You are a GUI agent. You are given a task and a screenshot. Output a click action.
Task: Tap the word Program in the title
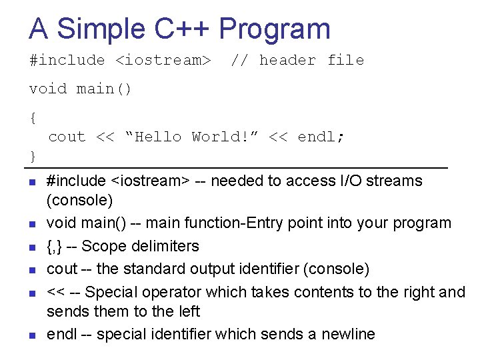click(x=275, y=29)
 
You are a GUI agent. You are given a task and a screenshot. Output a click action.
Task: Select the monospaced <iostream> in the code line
click(x=163, y=60)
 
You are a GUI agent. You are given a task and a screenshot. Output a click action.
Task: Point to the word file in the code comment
click(x=345, y=60)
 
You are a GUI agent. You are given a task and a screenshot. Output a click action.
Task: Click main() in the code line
click(x=105, y=89)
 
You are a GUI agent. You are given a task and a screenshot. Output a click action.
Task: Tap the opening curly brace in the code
click(x=33, y=118)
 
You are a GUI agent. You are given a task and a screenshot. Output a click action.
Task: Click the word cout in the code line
click(x=67, y=137)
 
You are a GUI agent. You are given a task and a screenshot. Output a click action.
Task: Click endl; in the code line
click(x=321, y=137)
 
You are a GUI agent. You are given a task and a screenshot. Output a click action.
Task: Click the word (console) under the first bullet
click(x=79, y=200)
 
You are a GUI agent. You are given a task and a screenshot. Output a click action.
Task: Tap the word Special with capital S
click(x=110, y=291)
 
